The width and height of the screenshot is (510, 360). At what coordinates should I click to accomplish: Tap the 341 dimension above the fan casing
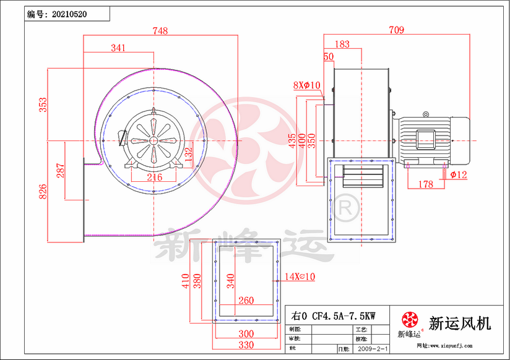pos(119,48)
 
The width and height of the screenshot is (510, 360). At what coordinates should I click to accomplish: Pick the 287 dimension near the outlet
pos(60,171)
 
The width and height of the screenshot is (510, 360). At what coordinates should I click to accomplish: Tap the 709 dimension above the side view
pos(397,30)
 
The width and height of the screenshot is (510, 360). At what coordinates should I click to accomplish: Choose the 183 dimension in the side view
pos(341,45)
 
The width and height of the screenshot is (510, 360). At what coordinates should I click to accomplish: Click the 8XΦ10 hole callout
pos(306,85)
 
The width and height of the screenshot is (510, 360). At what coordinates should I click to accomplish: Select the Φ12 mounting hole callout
pos(459,175)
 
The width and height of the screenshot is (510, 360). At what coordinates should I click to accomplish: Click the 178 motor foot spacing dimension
pos(426,184)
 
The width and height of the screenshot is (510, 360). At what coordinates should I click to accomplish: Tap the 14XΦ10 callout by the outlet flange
pos(300,277)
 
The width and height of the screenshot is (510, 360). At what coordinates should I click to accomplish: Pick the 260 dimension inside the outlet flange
pos(246,300)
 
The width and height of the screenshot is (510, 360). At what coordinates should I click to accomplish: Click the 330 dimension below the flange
pos(246,344)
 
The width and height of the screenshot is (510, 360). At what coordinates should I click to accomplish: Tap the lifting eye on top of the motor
pos(425,114)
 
